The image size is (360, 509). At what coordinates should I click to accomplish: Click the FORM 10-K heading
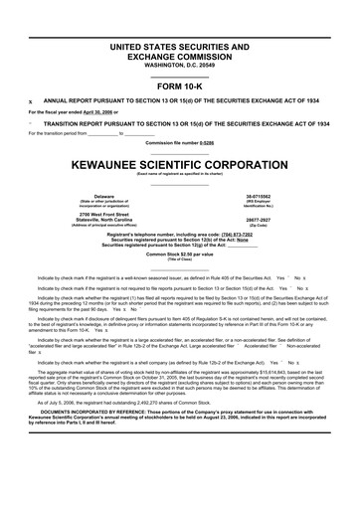point(180,85)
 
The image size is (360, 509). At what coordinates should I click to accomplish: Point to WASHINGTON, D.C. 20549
point(180,65)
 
